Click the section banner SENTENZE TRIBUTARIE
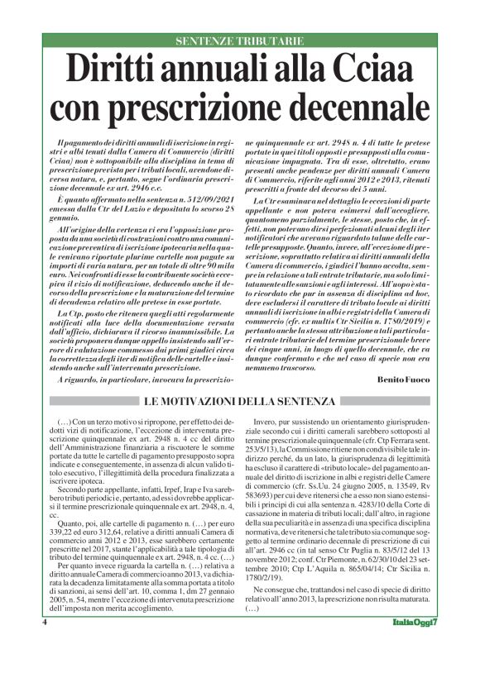coord(240,41)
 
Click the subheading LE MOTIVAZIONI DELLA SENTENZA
coord(240,402)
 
